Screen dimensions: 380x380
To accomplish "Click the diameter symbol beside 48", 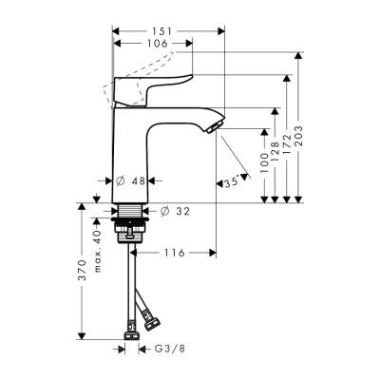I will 121,180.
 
